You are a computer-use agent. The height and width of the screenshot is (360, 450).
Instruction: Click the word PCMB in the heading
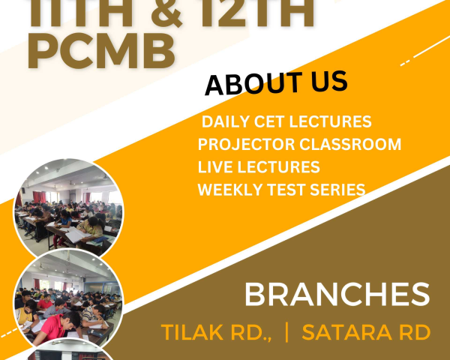click(x=101, y=51)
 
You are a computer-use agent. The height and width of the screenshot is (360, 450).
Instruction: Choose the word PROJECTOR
click(x=246, y=144)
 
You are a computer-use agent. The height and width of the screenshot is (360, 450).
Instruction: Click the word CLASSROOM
click(x=350, y=144)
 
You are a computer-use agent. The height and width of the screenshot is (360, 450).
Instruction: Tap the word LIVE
click(x=215, y=167)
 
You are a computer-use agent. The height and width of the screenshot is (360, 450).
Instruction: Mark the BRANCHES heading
click(x=337, y=295)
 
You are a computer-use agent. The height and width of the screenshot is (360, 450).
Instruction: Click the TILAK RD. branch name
click(x=217, y=332)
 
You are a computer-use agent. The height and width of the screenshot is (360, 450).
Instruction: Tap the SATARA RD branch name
click(x=366, y=332)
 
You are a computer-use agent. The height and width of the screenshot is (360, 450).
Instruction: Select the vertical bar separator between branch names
click(x=286, y=332)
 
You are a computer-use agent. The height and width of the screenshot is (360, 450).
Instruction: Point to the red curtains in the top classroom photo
click(x=39, y=197)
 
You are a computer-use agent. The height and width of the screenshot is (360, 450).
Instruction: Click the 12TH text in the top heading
click(x=256, y=13)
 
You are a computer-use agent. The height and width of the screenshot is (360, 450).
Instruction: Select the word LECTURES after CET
click(x=330, y=121)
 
